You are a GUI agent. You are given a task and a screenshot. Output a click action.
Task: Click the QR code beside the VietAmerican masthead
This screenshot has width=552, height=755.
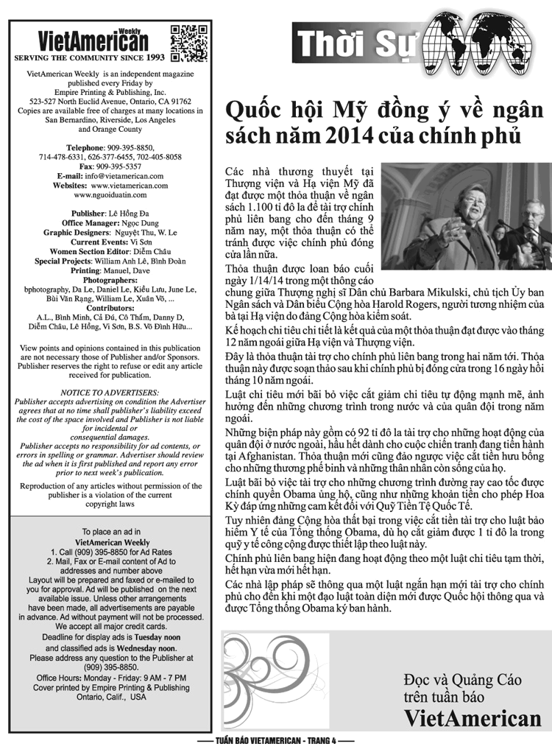188,43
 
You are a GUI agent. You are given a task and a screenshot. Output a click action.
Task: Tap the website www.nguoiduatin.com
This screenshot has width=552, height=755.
110,195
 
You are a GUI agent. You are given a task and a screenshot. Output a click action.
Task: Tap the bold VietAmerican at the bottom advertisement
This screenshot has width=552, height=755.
472,717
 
